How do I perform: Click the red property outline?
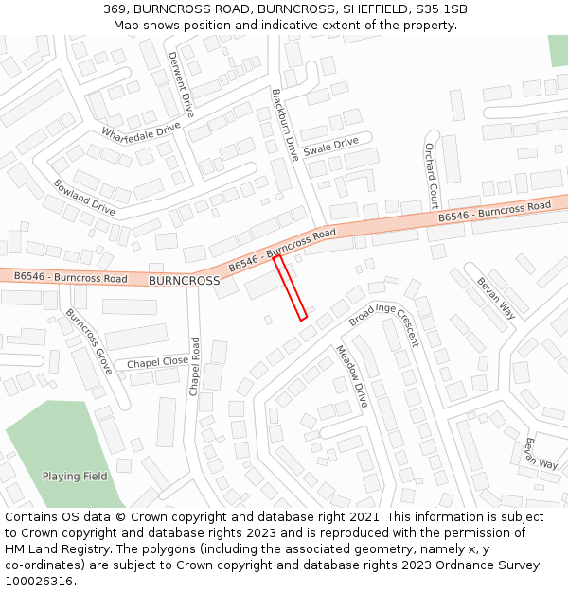(x=291, y=287)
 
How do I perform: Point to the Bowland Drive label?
(x=84, y=197)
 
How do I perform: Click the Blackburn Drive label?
(x=285, y=125)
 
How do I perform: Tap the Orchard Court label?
(x=431, y=176)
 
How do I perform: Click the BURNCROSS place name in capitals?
(x=184, y=281)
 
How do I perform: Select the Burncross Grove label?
(x=88, y=341)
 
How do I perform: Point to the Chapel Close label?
(x=157, y=362)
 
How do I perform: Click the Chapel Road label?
(x=195, y=367)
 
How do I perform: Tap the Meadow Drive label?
(x=351, y=376)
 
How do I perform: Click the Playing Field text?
(x=75, y=477)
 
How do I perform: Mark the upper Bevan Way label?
(x=496, y=297)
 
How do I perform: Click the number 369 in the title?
(x=116, y=9)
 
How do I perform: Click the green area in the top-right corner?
(x=558, y=50)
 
